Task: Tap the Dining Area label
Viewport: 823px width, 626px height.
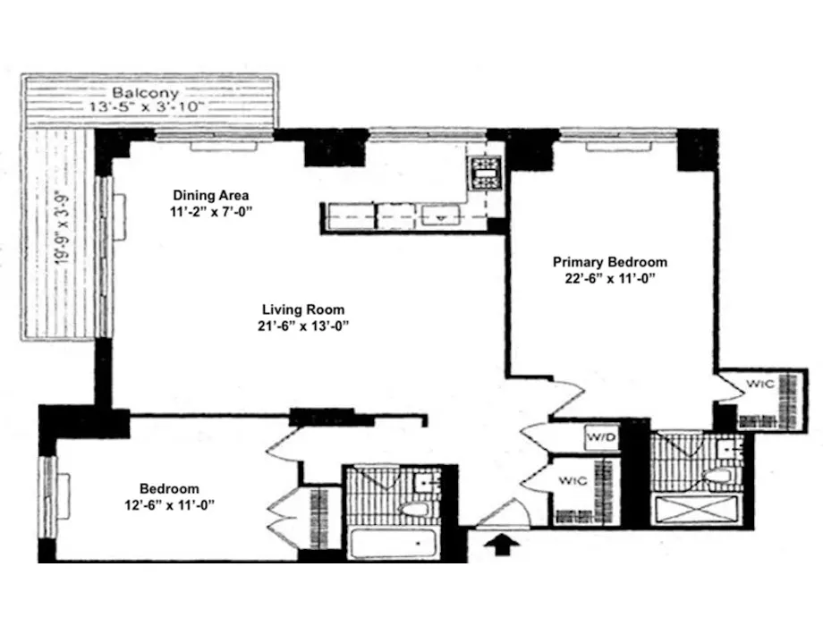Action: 211,195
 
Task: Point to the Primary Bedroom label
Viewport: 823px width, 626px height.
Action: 609,262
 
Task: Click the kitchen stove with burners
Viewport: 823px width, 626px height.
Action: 486,173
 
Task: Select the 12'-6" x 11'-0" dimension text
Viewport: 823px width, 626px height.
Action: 169,504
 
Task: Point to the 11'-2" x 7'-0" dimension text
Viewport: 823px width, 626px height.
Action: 211,211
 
